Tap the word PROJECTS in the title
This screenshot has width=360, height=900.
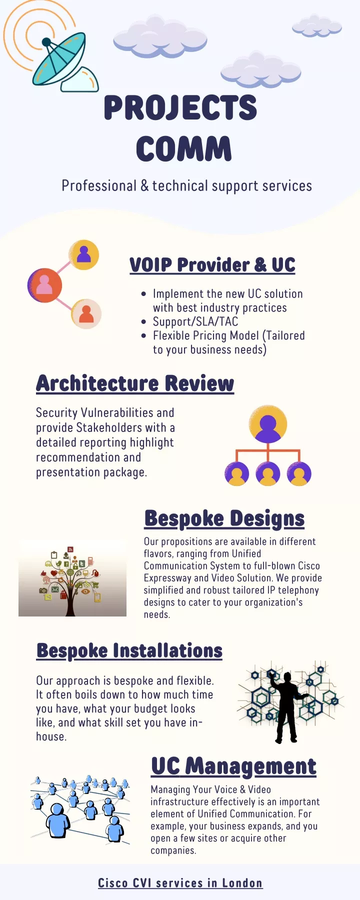[180, 107]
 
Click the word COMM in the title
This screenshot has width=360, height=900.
[184, 148]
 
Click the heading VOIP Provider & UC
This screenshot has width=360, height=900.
[212, 264]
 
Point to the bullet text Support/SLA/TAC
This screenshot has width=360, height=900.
[195, 321]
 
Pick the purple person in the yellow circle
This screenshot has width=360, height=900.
[84, 254]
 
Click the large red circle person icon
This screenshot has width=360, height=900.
[44, 285]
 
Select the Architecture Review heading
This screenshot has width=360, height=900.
[135, 383]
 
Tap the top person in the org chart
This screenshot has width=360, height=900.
[268, 424]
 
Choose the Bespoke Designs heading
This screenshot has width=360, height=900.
[224, 518]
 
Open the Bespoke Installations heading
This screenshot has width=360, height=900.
[129, 650]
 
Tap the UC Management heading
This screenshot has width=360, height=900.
[234, 766]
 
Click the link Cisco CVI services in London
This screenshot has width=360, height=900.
[180, 883]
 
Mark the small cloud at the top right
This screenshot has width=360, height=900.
[316, 26]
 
